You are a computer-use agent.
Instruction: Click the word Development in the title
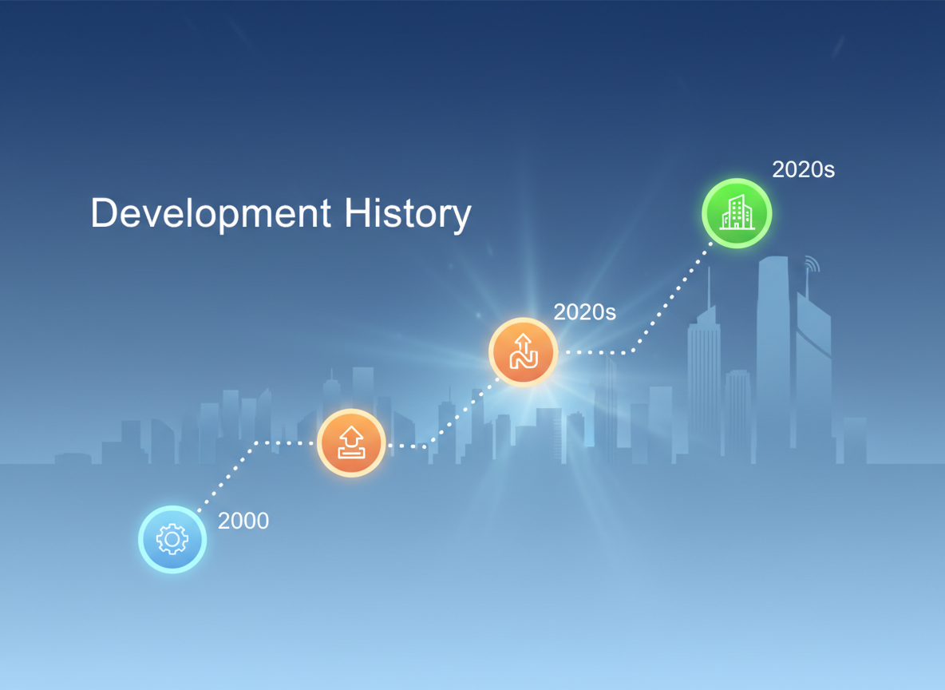click(211, 214)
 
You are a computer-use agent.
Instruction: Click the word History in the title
click(407, 214)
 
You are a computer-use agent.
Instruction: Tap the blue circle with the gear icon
click(172, 539)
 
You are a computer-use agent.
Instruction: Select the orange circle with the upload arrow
click(351, 442)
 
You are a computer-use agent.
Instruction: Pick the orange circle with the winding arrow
click(523, 351)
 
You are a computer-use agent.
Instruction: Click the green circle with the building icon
click(737, 213)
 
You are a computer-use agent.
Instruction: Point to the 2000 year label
click(243, 521)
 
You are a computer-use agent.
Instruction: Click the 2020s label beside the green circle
click(804, 169)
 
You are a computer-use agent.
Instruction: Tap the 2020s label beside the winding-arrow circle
click(584, 311)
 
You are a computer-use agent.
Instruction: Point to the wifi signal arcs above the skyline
click(812, 264)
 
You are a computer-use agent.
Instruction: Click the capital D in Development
click(103, 212)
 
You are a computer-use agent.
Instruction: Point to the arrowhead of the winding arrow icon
click(523, 339)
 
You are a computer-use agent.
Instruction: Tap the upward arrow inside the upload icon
click(351, 436)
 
